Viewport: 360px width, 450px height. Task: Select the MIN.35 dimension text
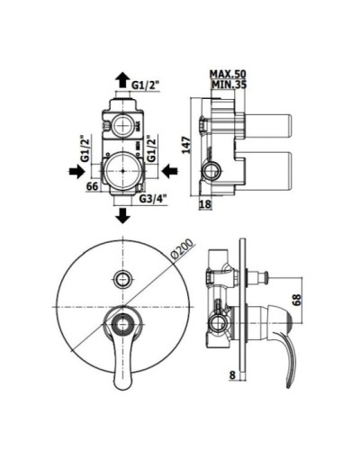pyautogui.click(x=229, y=85)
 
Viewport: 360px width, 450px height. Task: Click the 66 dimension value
pyautogui.click(x=91, y=186)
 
